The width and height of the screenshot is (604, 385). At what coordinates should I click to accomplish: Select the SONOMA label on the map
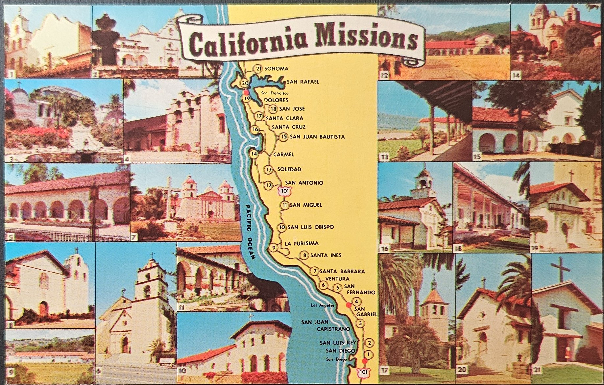click(x=276, y=69)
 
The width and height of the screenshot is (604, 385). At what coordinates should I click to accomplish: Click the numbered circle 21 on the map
click(x=258, y=68)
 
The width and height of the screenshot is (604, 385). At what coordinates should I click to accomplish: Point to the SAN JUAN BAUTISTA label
click(x=318, y=137)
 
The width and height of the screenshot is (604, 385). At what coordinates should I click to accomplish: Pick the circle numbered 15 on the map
click(x=284, y=137)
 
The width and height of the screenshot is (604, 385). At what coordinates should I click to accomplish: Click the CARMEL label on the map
click(x=284, y=154)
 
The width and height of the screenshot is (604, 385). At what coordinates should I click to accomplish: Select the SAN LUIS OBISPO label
click(x=311, y=227)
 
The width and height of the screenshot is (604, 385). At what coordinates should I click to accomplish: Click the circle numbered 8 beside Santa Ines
click(x=305, y=255)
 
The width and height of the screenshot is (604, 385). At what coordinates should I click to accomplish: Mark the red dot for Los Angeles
click(x=349, y=305)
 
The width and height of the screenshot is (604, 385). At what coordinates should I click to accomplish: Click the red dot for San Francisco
click(x=246, y=93)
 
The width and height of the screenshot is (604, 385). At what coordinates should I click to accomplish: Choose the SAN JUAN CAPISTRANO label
click(x=326, y=325)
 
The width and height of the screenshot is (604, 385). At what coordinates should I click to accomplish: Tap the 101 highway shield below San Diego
click(x=364, y=372)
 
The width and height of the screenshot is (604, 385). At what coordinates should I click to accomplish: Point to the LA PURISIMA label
click(x=302, y=243)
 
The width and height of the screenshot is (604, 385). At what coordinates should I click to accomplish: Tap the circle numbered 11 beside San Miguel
click(x=285, y=205)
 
